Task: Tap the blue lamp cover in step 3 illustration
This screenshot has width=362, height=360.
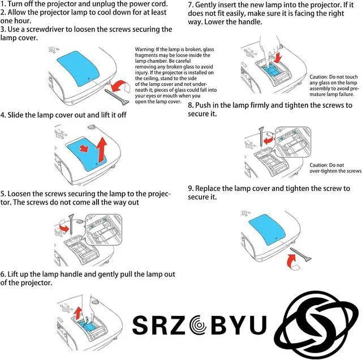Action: pos(78,68)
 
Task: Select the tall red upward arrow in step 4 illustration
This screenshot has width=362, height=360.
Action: pos(102,150)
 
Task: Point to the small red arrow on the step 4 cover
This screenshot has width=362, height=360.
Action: pos(84,148)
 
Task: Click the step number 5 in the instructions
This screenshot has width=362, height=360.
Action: pos(2,194)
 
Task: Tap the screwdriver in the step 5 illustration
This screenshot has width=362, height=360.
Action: pos(71,224)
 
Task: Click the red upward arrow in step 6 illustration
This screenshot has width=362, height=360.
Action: pos(78,313)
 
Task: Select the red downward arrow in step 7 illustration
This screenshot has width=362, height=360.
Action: pos(279,58)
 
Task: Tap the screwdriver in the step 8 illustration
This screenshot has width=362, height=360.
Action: pos(261,136)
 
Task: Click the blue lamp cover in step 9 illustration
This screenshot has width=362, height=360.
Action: pos(266,229)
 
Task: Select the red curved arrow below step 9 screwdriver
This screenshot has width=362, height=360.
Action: pos(292,262)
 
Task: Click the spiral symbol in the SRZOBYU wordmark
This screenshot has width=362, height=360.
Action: pos(198,325)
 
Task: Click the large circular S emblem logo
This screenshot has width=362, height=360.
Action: pos(316,325)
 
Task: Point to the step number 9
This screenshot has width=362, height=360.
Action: pos(190,189)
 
